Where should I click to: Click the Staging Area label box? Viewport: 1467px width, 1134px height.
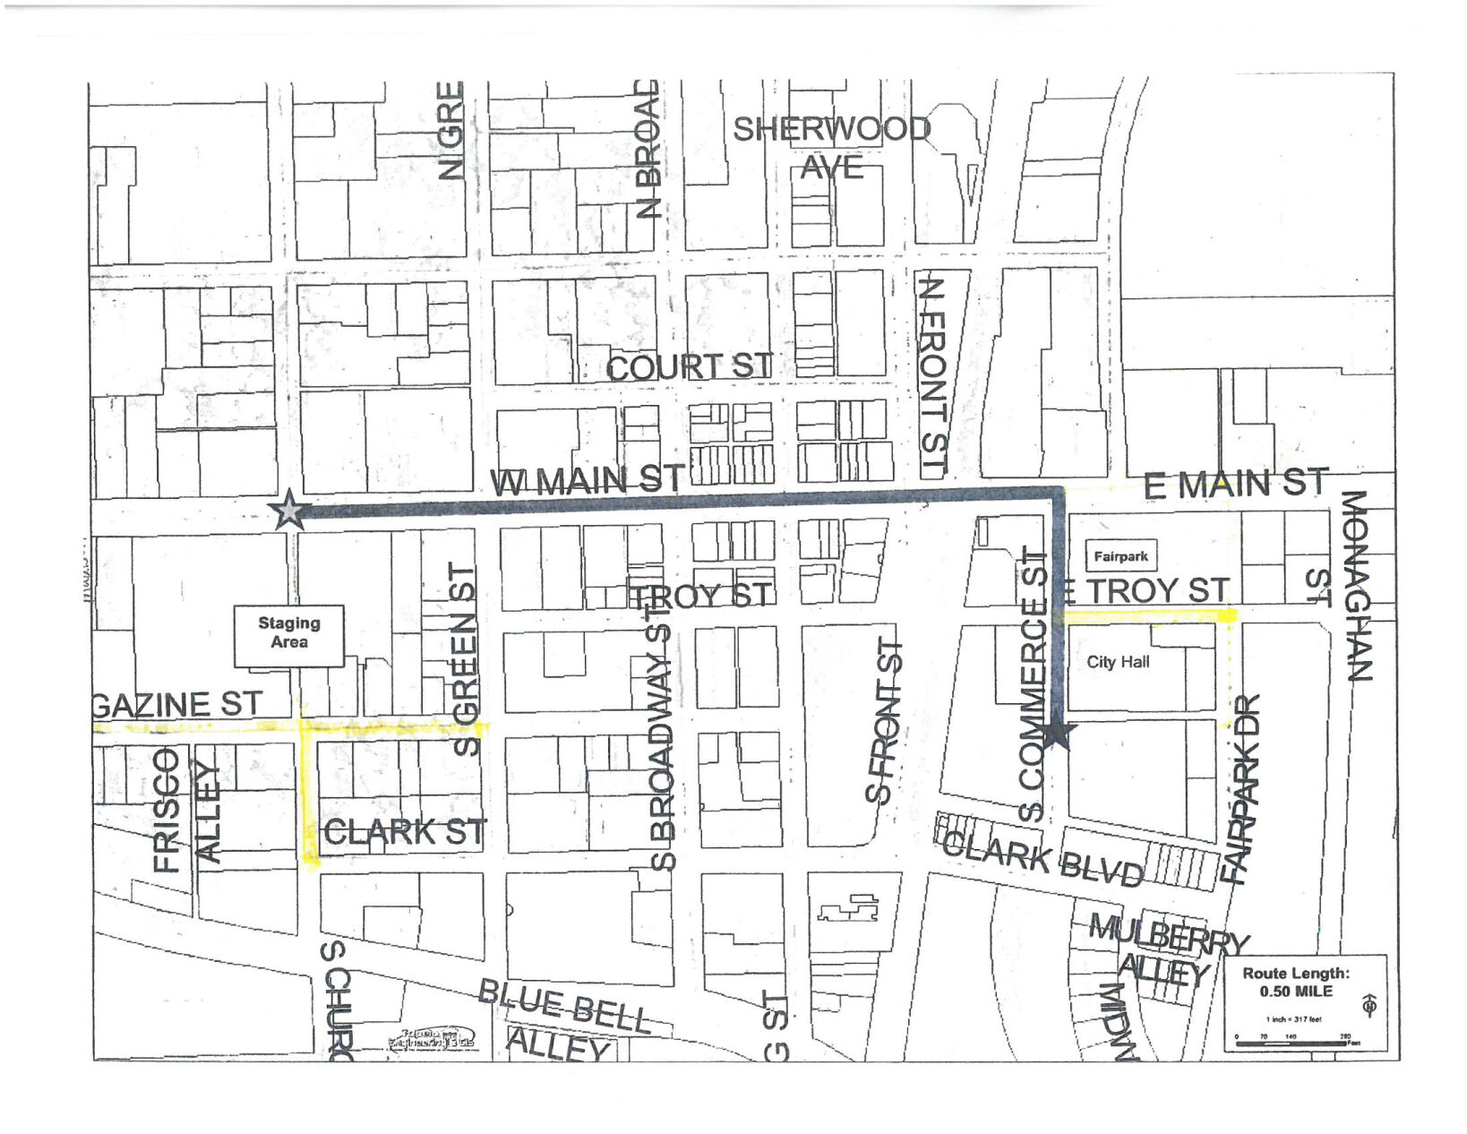pyautogui.click(x=288, y=635)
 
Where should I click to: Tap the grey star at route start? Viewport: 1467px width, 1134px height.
pyautogui.click(x=289, y=511)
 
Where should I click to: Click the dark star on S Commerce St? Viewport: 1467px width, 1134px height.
pyautogui.click(x=1058, y=733)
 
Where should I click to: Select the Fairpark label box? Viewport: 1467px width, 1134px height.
pyautogui.click(x=1120, y=556)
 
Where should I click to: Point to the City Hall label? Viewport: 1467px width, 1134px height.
pyautogui.click(x=1118, y=662)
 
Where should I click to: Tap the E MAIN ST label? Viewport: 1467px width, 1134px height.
pyautogui.click(x=1235, y=484)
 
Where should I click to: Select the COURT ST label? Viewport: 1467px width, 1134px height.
pyautogui.click(x=689, y=366)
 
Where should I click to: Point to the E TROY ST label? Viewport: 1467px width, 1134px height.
pyautogui.click(x=1145, y=590)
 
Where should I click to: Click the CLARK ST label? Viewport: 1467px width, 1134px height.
pyautogui.click(x=405, y=832)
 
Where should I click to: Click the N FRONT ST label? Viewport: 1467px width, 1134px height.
pyautogui.click(x=933, y=376)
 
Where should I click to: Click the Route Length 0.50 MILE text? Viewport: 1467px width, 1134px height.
pyautogui.click(x=1295, y=982)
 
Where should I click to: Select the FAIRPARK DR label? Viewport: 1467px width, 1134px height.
pyautogui.click(x=1241, y=788)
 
